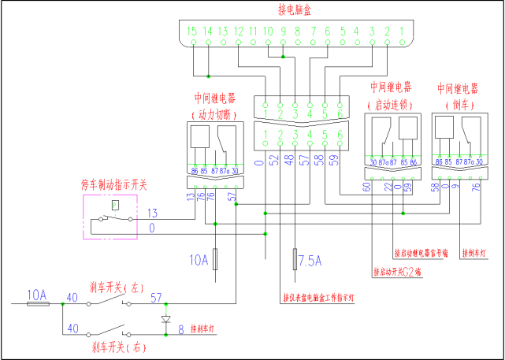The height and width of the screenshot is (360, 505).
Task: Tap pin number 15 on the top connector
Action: click(x=192, y=32)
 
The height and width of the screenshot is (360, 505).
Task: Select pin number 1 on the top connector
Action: click(x=403, y=32)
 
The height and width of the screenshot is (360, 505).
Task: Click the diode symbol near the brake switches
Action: click(x=165, y=320)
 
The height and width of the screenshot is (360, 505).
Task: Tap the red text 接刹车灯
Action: click(x=206, y=328)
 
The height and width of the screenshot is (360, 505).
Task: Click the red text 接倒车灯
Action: click(x=476, y=252)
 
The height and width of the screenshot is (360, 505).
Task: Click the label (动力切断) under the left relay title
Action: click(x=214, y=114)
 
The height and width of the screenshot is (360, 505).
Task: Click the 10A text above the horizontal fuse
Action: click(x=37, y=294)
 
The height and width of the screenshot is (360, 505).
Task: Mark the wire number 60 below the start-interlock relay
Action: click(x=367, y=187)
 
